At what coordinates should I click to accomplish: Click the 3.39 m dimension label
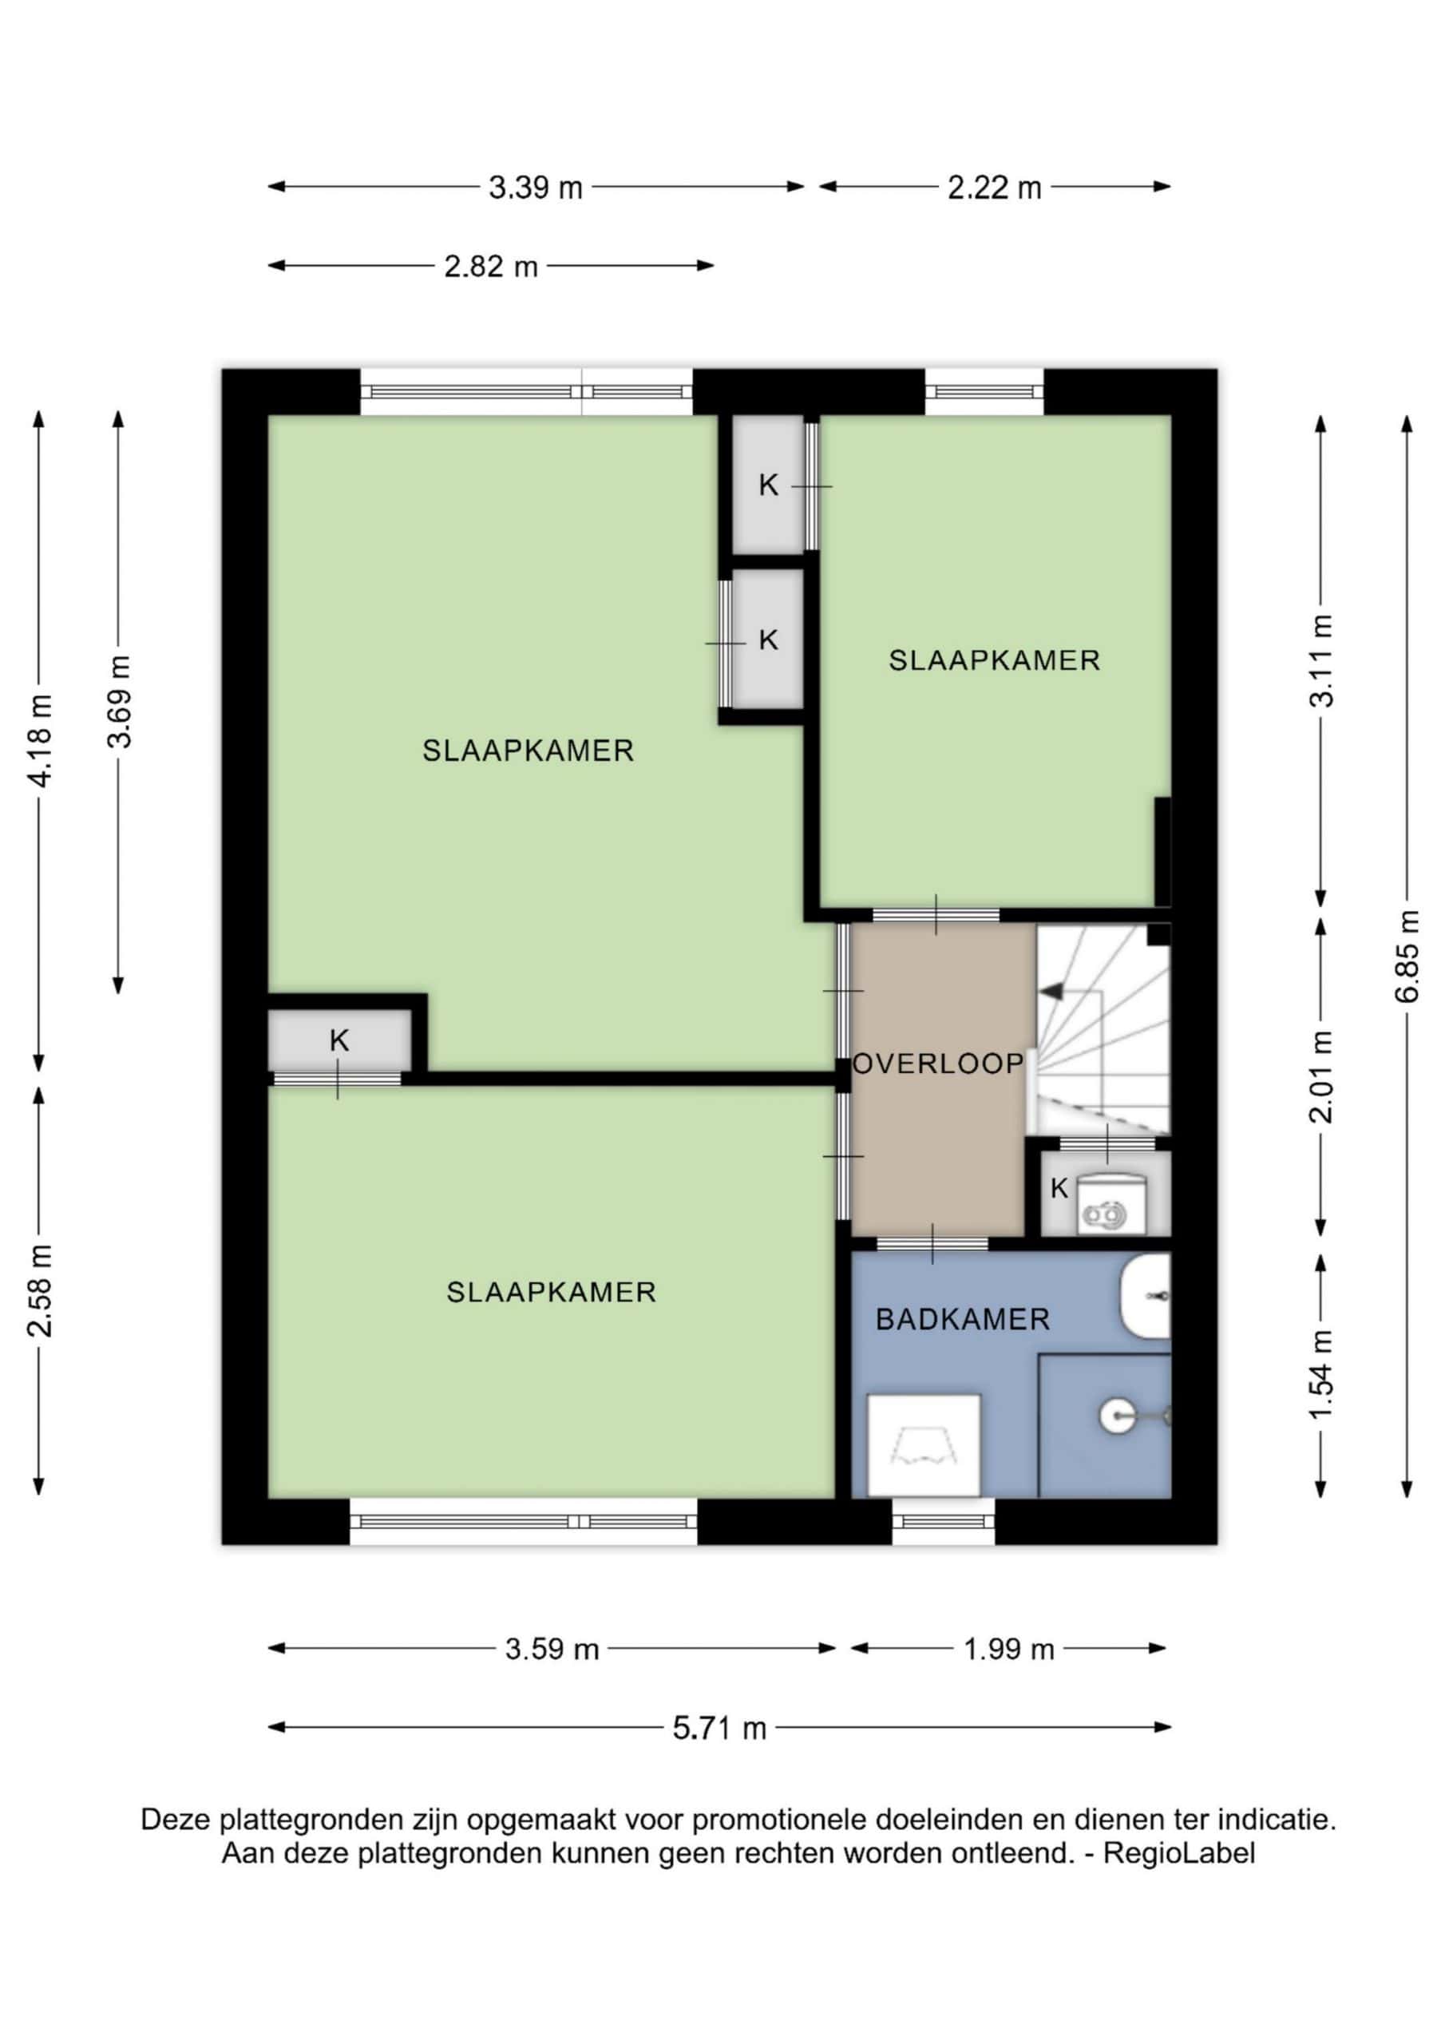pyautogui.click(x=535, y=188)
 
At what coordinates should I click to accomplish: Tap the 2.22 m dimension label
pyautogui.click(x=994, y=188)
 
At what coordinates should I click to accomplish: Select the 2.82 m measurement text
pyautogui.click(x=492, y=266)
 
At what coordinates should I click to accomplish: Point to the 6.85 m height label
pyautogui.click(x=1406, y=956)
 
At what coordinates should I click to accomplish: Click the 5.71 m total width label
pyautogui.click(x=719, y=1728)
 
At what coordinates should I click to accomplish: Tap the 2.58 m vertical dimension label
pyautogui.click(x=41, y=1292)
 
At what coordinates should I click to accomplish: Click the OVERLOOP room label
pyautogui.click(x=938, y=1064)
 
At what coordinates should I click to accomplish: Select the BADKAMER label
pyautogui.click(x=963, y=1319)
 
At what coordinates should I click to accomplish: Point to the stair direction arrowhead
pyautogui.click(x=1052, y=990)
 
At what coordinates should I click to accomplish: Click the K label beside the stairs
pyautogui.click(x=1059, y=1189)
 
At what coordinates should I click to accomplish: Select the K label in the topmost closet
pyautogui.click(x=768, y=485)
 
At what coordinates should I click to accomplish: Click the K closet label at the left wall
pyautogui.click(x=339, y=1040)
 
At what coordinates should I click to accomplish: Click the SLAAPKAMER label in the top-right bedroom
pyautogui.click(x=995, y=660)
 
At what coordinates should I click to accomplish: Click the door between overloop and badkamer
pyautogui.click(x=932, y=1244)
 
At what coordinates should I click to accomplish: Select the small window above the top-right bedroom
pyautogui.click(x=984, y=392)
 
